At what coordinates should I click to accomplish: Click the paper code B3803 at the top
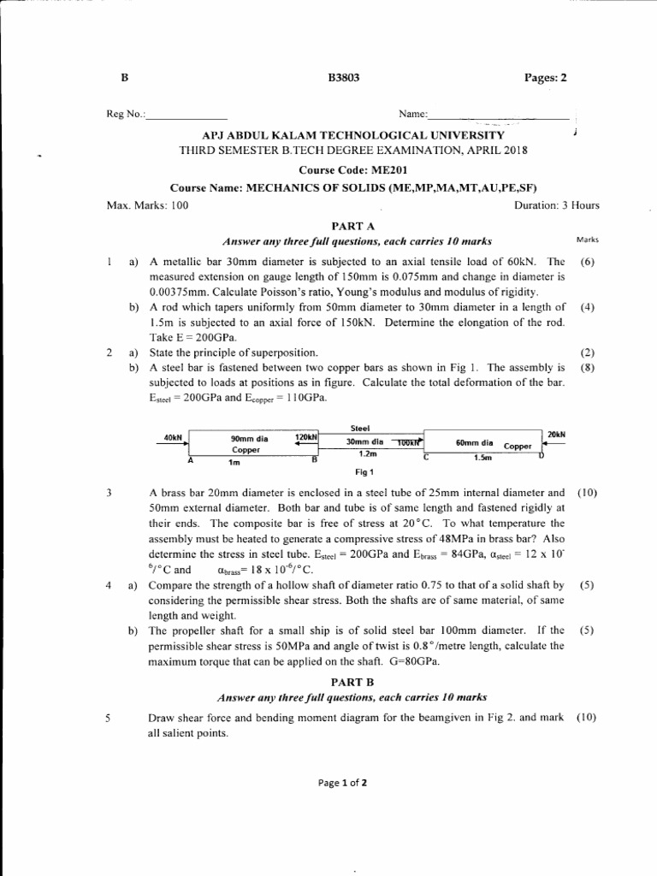pyautogui.click(x=344, y=78)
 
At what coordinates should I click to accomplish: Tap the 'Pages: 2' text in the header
pyautogui.click(x=545, y=78)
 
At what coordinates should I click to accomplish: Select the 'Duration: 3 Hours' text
pyautogui.click(x=556, y=205)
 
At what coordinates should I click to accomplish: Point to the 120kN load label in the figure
pyautogui.click(x=305, y=436)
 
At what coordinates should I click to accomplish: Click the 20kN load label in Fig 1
pyautogui.click(x=556, y=435)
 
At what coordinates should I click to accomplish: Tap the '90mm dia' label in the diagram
pyautogui.click(x=250, y=439)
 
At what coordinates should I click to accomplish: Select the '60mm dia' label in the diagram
pyautogui.click(x=474, y=443)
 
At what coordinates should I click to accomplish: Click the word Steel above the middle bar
pyautogui.click(x=360, y=428)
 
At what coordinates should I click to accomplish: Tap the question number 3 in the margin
pyautogui.click(x=109, y=494)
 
